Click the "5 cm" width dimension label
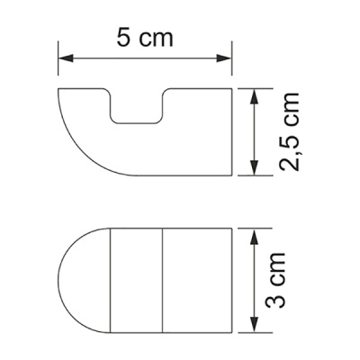tap(145, 39)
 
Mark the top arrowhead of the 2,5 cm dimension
tap(256, 93)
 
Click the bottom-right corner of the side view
tap(231, 175)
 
